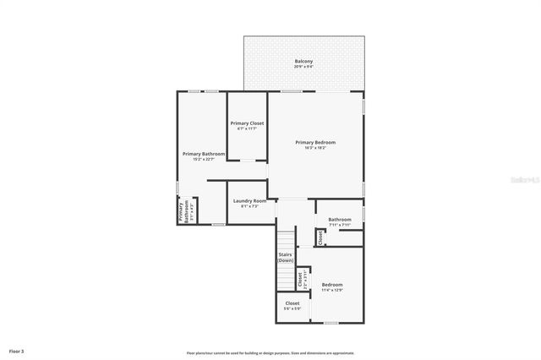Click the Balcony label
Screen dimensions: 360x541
[x=303, y=61]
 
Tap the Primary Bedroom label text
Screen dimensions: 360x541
[x=315, y=142]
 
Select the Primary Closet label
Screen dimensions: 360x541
[x=247, y=123]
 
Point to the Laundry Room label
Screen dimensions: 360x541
[x=249, y=200]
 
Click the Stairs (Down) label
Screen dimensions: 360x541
[x=286, y=257]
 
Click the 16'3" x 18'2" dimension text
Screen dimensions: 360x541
[x=315, y=148]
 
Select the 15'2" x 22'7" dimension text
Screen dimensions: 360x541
[x=204, y=159]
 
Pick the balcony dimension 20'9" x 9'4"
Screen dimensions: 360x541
[x=303, y=67]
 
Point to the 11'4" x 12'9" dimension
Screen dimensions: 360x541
[x=332, y=291]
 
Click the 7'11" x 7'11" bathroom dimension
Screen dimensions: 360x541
[x=340, y=225]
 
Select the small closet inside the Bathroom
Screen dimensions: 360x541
[x=320, y=238]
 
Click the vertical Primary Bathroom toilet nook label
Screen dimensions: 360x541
[x=181, y=212]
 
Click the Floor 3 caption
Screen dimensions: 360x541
[x=17, y=350]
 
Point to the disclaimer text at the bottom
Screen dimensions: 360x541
[x=270, y=353]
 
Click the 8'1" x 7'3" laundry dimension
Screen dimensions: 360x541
[x=249, y=206]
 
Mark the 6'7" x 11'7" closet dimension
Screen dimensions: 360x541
[x=247, y=129]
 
